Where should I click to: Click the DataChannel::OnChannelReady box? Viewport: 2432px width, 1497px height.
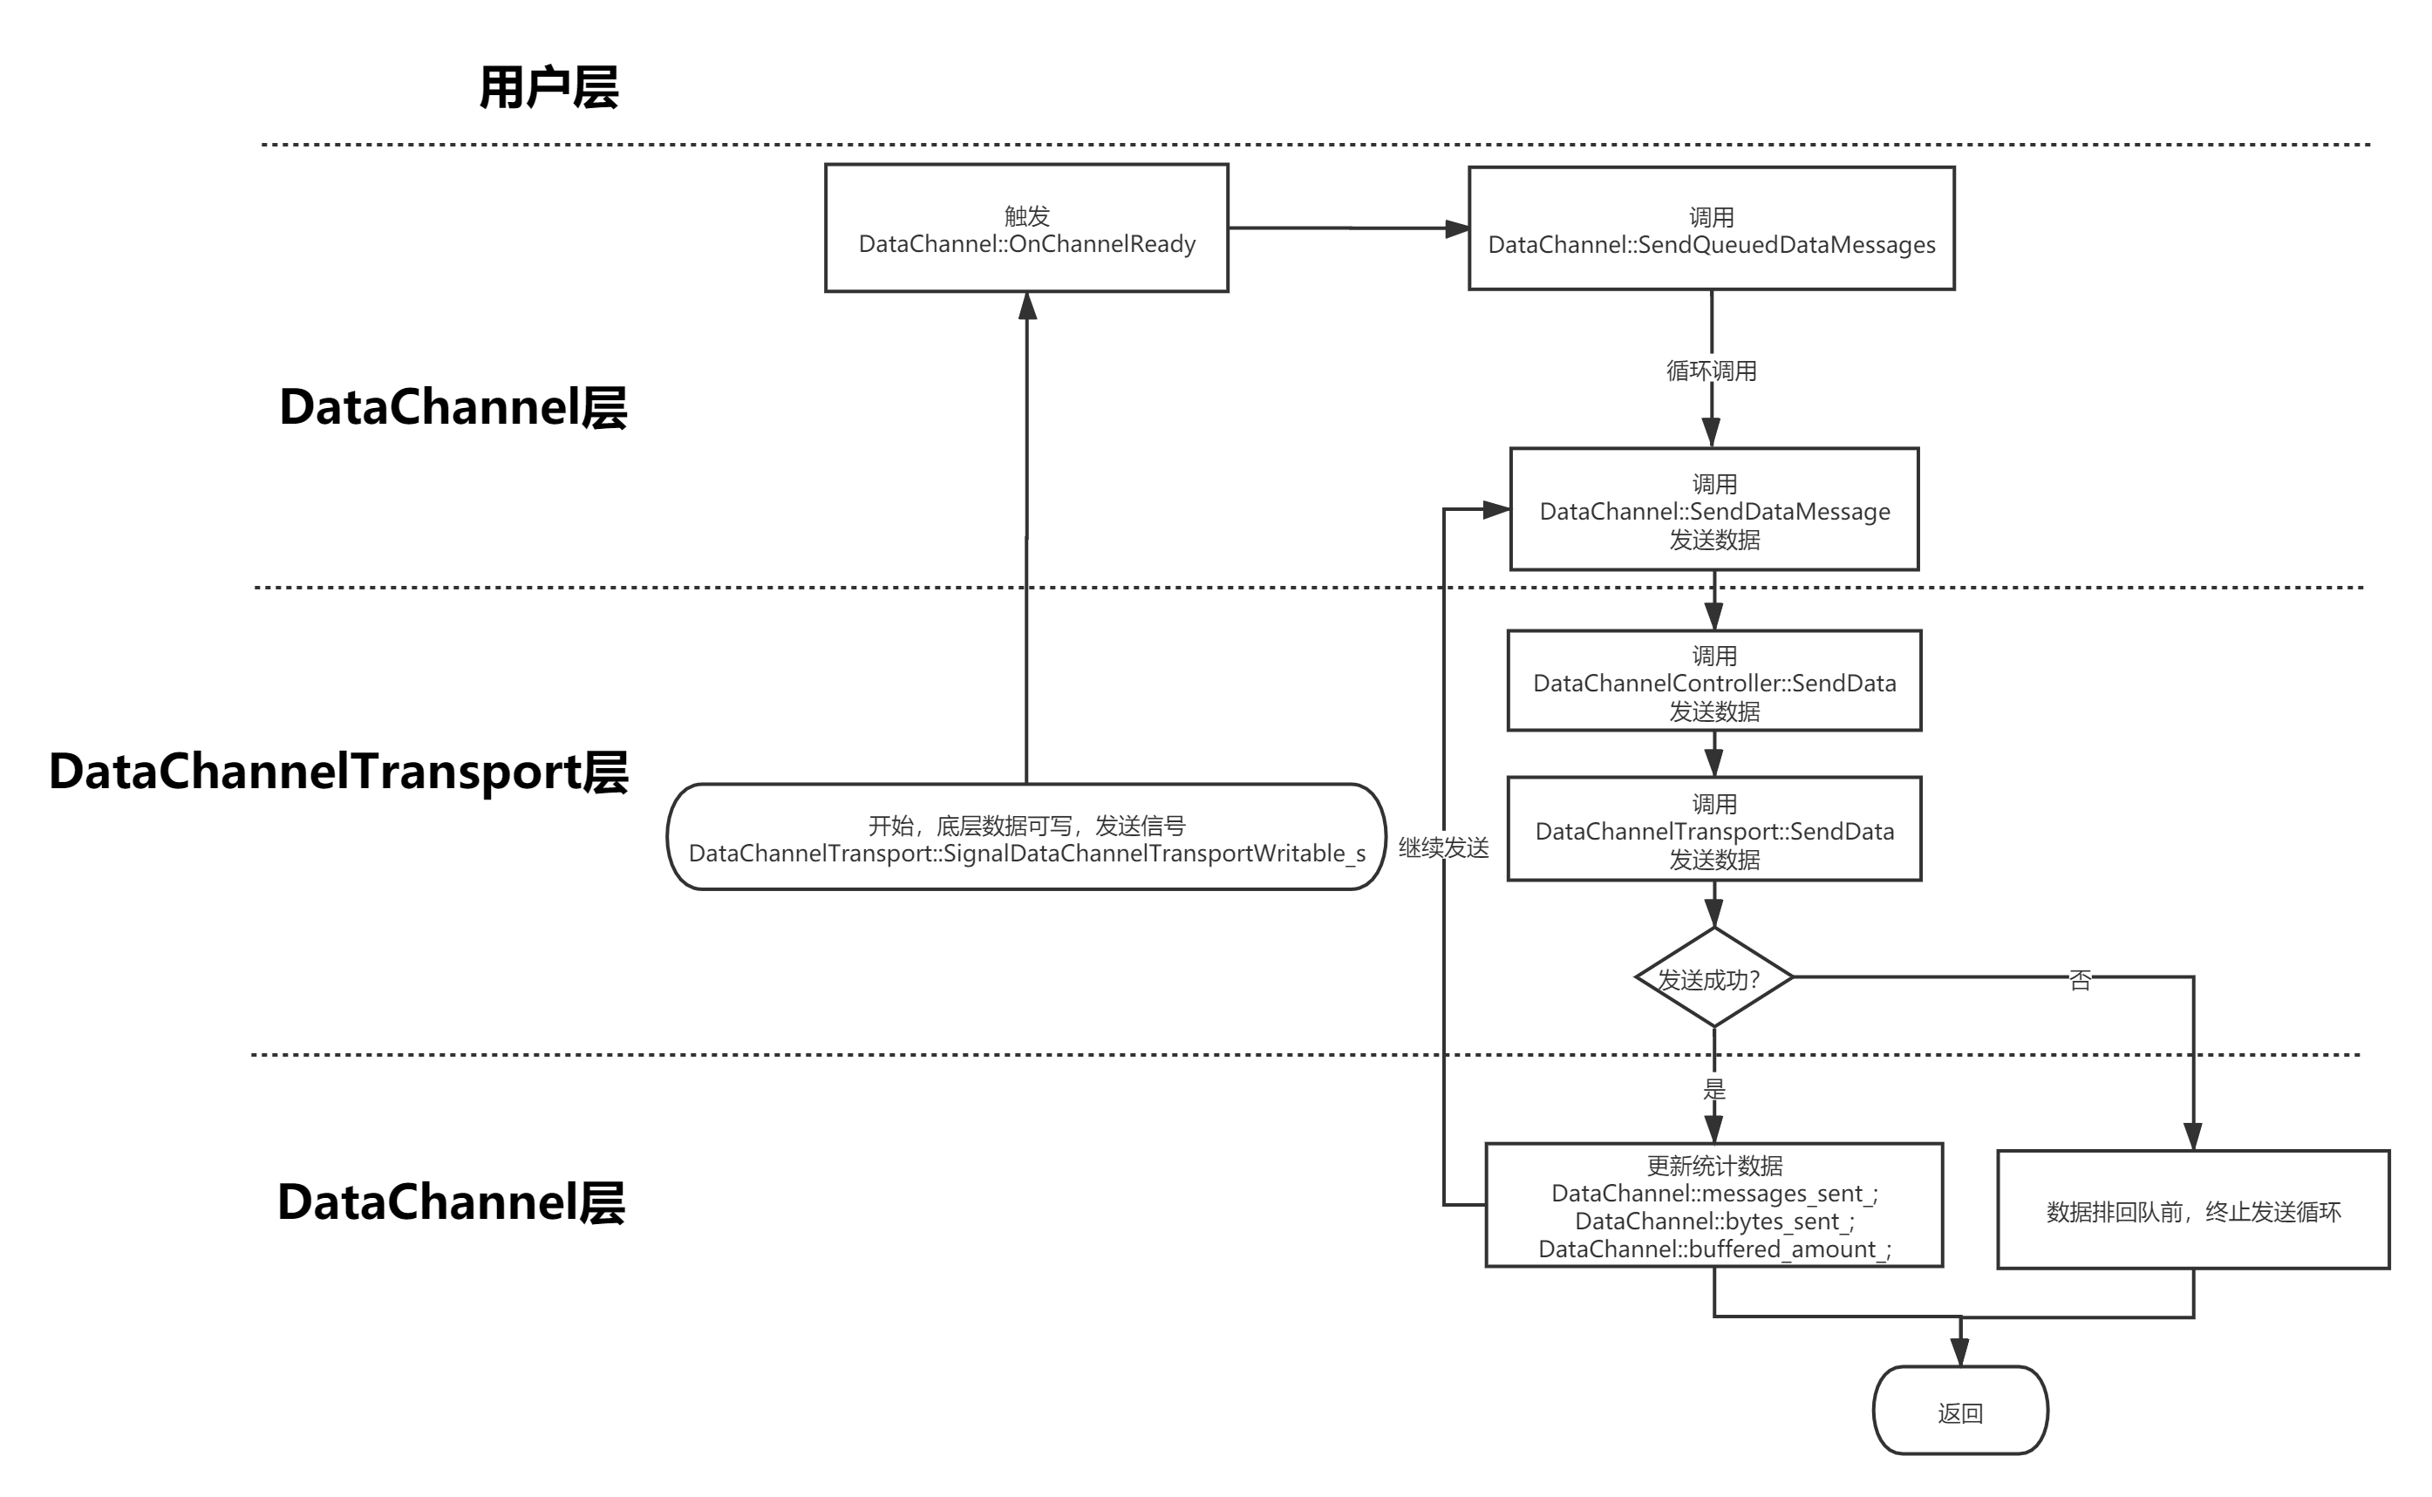(1027, 228)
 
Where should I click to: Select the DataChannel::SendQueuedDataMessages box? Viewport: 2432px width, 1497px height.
(1711, 228)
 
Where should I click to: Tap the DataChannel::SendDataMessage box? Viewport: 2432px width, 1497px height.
(1714, 510)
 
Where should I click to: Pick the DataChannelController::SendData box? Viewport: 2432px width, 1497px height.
(1714, 681)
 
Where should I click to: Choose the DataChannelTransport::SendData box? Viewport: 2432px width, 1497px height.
(1714, 830)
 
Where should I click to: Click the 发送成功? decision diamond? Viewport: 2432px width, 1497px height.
(1713, 978)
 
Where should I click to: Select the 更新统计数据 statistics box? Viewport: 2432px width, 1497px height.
(1714, 1206)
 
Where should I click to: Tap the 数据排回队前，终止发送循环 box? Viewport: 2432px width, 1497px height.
(2193, 1210)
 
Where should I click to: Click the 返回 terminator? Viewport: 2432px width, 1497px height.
(1959, 1411)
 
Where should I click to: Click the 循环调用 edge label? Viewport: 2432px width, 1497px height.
(1711, 371)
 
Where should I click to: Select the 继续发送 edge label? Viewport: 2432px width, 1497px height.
(1444, 847)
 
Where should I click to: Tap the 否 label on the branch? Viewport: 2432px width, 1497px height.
(2080, 979)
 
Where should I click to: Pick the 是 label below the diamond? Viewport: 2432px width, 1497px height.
(1714, 1087)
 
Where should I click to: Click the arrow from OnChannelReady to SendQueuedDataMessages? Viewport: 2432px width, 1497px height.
(1346, 228)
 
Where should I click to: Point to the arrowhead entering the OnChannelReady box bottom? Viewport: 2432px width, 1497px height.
(1028, 307)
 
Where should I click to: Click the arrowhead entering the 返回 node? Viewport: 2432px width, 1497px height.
(1959, 1352)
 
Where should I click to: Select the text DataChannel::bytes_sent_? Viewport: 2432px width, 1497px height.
(1714, 1221)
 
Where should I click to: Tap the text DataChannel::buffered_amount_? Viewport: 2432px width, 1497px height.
(1714, 1249)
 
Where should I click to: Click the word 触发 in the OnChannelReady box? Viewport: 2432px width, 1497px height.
(1027, 216)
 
